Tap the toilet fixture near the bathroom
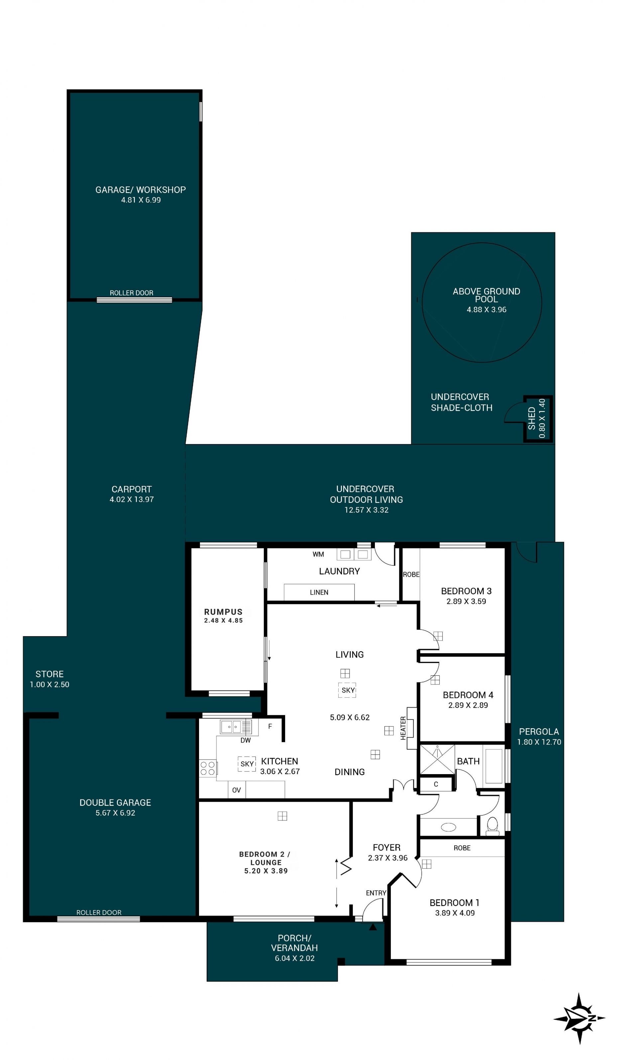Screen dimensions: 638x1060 [x=492, y=825]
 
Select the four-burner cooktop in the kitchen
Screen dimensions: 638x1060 [x=208, y=768]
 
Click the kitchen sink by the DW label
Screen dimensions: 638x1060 [x=236, y=726]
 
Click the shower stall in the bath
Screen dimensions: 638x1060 [x=437, y=760]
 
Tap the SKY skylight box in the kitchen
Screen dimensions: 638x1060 [x=247, y=764]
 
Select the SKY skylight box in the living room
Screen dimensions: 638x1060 [x=347, y=690]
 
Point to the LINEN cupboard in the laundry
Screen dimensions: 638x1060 [x=319, y=592]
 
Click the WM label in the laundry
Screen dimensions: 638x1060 [x=318, y=554]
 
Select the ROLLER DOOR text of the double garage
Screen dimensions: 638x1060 [x=99, y=912]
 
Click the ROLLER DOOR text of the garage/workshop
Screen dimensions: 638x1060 [x=132, y=293]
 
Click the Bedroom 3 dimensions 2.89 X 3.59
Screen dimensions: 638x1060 [x=466, y=601]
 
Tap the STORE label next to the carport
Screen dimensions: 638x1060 [x=50, y=674]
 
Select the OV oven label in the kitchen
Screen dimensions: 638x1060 [x=237, y=790]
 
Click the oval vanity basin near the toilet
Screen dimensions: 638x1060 [x=448, y=827]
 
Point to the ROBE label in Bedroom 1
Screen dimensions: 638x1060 [x=462, y=848]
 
